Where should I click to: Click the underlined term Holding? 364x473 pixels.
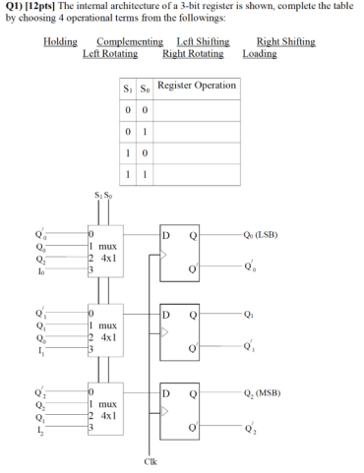click(x=61, y=41)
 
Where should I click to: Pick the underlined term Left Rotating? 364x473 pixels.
click(x=110, y=53)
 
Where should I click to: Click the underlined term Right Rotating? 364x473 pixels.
click(x=194, y=53)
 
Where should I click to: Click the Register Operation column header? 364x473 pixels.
click(x=197, y=87)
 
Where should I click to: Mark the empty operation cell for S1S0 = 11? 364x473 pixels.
click(x=197, y=172)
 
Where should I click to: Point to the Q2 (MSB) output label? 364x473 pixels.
click(x=285, y=391)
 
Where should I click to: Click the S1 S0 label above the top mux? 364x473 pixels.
click(x=99, y=206)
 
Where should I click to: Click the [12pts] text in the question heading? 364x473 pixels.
click(x=45, y=6)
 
